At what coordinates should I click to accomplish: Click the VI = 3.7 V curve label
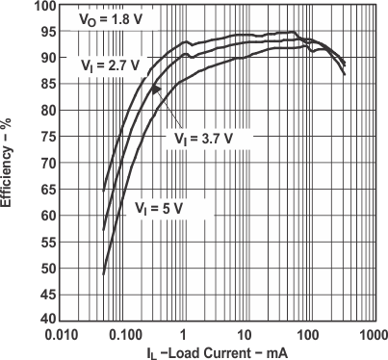[x=204, y=138]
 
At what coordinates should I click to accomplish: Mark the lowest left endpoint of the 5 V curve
[x=103, y=274]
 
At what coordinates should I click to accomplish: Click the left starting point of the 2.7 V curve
[x=103, y=190]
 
